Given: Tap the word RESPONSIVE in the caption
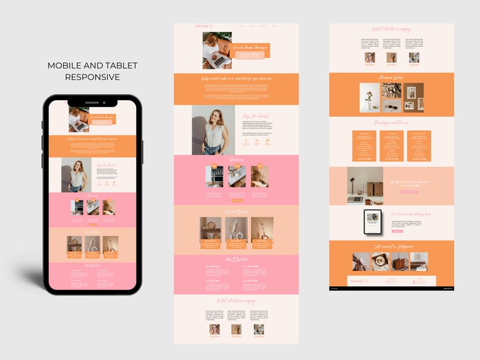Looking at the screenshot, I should pyautogui.click(x=92, y=77).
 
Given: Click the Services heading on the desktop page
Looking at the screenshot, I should pyautogui.click(x=236, y=159).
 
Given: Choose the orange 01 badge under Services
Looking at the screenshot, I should pyautogui.click(x=214, y=167).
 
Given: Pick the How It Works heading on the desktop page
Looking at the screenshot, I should pyautogui.click(x=236, y=259).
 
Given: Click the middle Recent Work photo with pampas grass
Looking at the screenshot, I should pyautogui.click(x=236, y=230).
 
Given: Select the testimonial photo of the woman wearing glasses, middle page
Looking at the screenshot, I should pyautogui.click(x=214, y=329).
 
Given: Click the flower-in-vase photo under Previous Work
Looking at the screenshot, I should pyautogui.click(x=369, y=97).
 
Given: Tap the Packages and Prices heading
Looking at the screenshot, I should pyautogui.click(x=391, y=123).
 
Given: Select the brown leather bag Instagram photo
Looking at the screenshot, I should pyautogui.click(x=400, y=261).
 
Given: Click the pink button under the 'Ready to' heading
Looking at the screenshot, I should pyautogui.click(x=409, y=191).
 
